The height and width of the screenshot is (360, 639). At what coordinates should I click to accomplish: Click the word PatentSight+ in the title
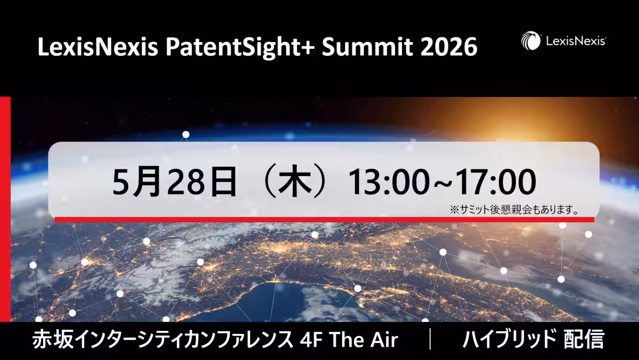click(240, 47)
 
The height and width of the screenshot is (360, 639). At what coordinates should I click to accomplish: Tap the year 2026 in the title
click(449, 47)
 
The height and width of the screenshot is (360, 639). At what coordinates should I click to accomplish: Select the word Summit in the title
click(367, 47)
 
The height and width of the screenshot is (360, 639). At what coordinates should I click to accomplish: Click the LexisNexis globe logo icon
click(530, 41)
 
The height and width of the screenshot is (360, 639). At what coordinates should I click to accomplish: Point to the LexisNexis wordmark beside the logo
click(576, 41)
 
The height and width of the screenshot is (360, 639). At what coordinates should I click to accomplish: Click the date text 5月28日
click(175, 182)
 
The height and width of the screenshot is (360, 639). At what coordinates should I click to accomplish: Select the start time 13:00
click(389, 182)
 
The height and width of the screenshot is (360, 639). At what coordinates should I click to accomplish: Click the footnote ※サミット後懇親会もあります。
click(514, 210)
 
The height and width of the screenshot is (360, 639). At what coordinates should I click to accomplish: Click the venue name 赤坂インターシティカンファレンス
click(162, 339)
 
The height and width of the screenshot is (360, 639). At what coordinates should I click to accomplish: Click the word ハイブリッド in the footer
click(509, 339)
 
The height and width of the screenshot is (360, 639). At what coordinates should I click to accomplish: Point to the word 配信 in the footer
click(584, 339)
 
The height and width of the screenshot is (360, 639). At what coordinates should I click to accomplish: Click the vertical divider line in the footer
click(430, 339)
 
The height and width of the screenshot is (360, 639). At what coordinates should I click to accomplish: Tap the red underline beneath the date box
click(324, 219)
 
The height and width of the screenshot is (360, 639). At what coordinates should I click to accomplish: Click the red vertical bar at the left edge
click(5, 209)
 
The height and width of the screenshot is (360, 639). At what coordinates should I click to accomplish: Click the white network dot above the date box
click(186, 134)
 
